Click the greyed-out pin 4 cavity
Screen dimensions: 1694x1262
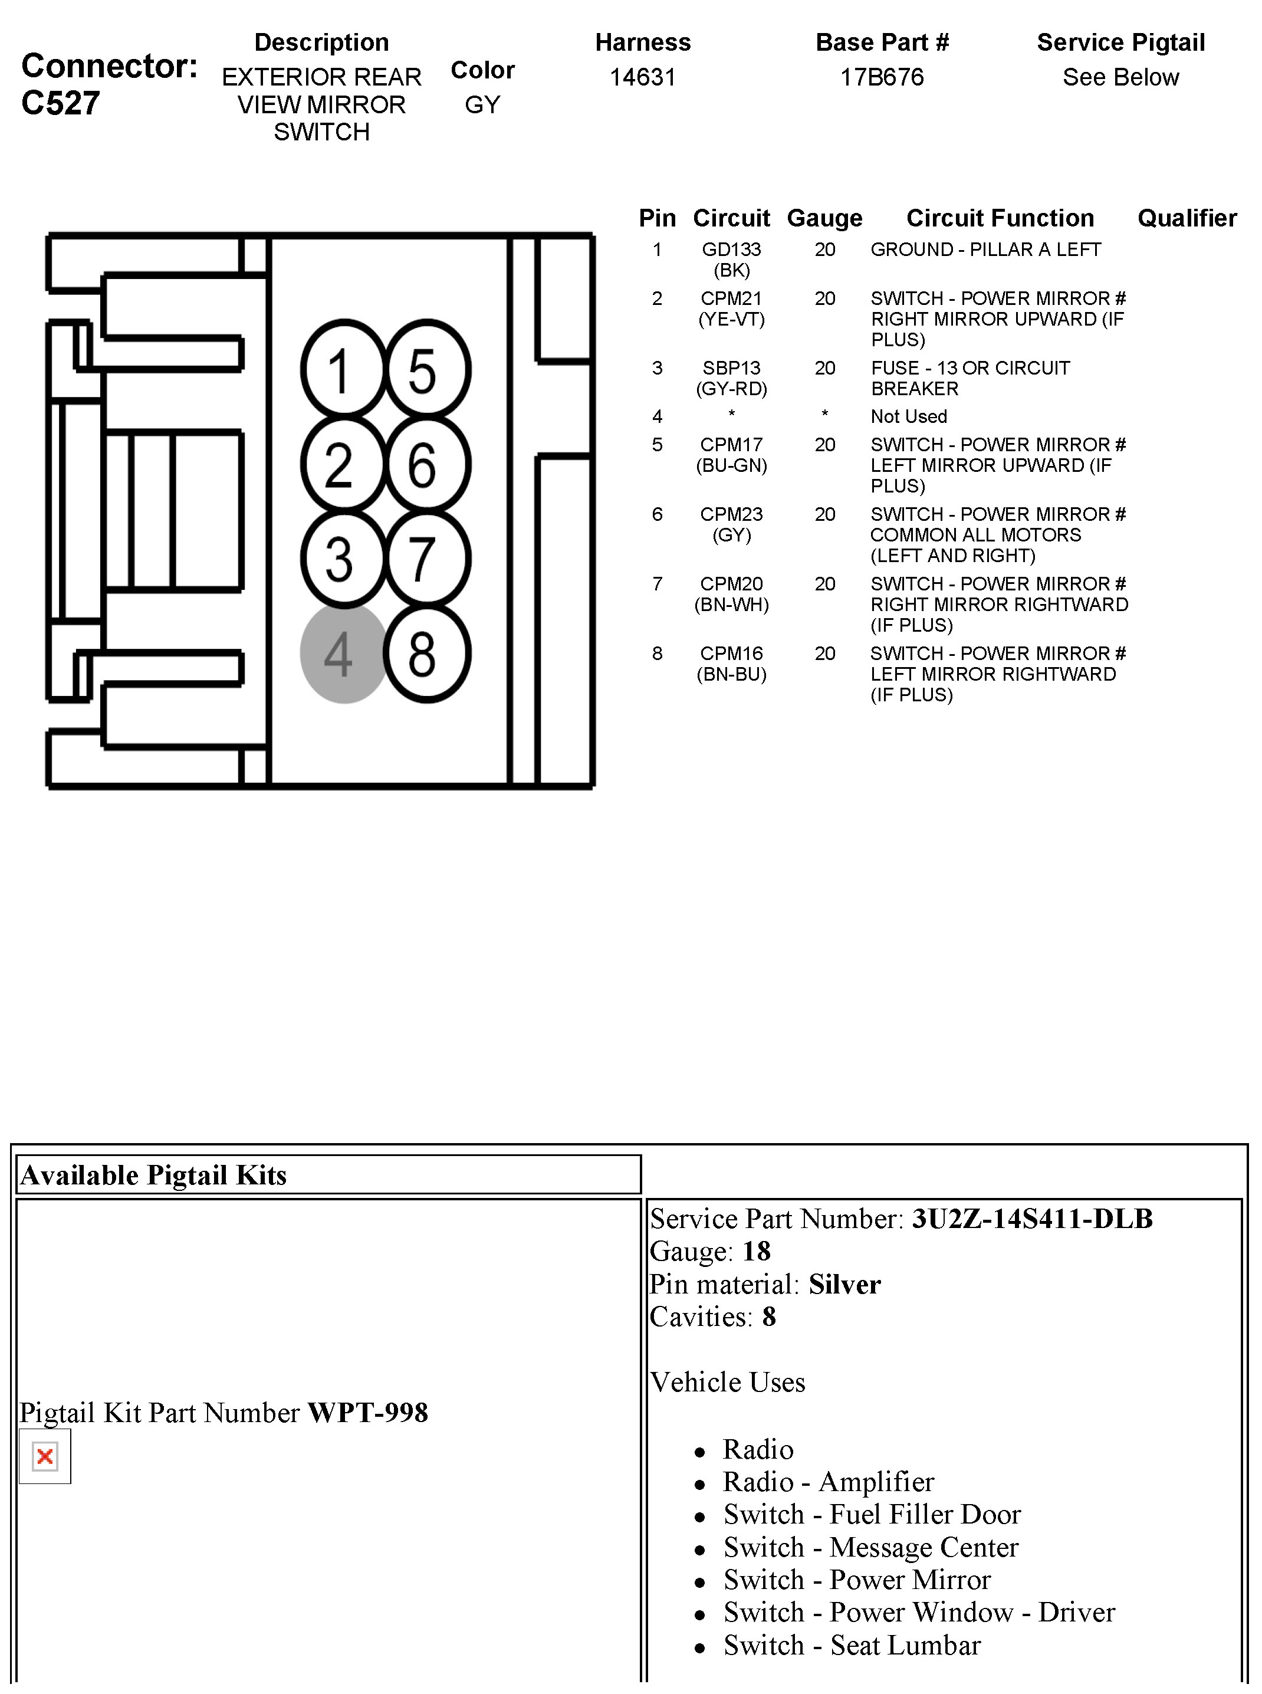[343, 654]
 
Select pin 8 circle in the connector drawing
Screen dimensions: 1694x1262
[426, 654]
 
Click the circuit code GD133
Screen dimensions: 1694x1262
[731, 250]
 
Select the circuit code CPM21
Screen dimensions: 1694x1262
[731, 299]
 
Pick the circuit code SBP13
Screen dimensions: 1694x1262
[731, 368]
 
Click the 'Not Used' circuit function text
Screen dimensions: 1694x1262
[908, 416]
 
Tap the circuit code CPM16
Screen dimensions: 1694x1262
[731, 654]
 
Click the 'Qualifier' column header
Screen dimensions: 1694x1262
[1187, 218]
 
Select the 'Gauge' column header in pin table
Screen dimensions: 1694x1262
[824, 218]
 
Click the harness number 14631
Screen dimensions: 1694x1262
[642, 77]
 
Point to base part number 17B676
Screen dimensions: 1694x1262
[882, 77]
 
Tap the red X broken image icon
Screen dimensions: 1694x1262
[45, 1456]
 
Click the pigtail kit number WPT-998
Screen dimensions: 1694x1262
[367, 1413]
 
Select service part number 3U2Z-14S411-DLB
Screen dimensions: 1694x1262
[1032, 1219]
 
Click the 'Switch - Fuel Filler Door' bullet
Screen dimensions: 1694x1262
[872, 1515]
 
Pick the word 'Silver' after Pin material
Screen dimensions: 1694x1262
[844, 1285]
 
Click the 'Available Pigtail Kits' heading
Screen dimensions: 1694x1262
[153, 1175]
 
